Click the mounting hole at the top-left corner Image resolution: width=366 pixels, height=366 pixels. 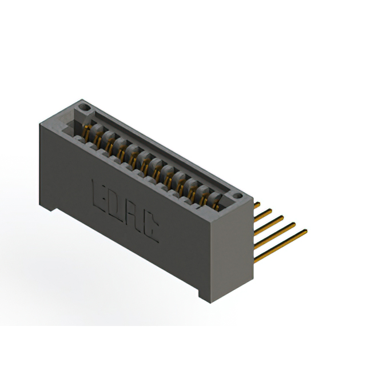pyautogui.click(x=84, y=107)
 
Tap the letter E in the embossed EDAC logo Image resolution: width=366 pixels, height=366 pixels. pyautogui.click(x=98, y=191)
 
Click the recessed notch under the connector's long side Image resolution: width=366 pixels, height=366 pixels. pyautogui.click(x=126, y=252)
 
